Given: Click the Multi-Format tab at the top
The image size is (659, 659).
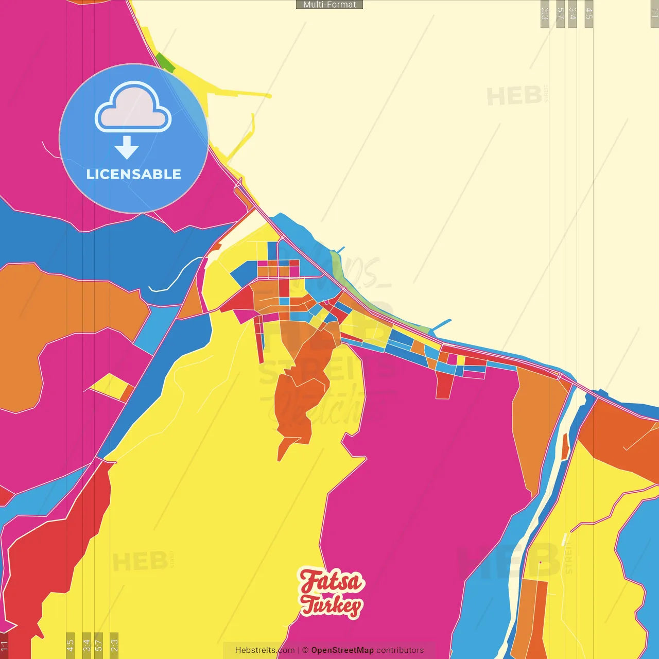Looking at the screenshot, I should click(x=329, y=5).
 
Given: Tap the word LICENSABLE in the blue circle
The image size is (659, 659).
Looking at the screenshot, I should click(x=134, y=174).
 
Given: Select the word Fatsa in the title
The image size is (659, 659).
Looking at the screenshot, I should click(x=332, y=581).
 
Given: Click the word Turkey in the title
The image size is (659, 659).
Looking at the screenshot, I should click(x=332, y=605).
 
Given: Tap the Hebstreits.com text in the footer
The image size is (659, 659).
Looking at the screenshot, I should click(x=265, y=650).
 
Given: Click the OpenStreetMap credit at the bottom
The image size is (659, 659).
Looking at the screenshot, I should click(x=342, y=650).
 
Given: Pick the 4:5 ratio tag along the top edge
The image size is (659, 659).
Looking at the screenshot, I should click(x=589, y=13).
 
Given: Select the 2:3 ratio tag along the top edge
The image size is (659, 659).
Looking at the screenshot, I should click(x=545, y=13).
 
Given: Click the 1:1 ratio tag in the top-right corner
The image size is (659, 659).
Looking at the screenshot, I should click(x=654, y=13).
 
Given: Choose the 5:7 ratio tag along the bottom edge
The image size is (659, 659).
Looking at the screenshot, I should click(x=98, y=645).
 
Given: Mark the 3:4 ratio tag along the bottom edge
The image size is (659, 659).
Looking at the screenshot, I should click(x=86, y=645).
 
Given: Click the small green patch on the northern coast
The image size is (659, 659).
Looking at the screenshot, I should click(x=165, y=62).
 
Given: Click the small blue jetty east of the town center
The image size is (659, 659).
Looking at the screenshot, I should click(x=441, y=325).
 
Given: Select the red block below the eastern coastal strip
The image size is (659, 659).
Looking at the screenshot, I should click(x=444, y=386).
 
